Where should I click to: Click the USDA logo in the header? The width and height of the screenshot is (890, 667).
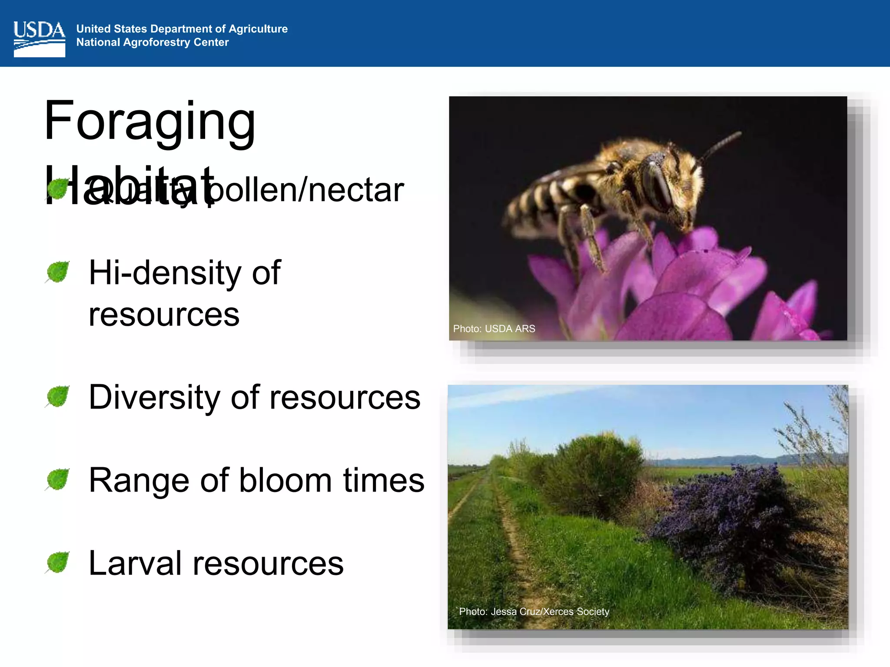pos(39,39)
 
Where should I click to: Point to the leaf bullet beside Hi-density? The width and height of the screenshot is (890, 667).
pos(58,272)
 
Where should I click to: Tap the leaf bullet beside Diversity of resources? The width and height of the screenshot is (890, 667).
pos(58,396)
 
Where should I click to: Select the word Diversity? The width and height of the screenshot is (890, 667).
pos(154,397)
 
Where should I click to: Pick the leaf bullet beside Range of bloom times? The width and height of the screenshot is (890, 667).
pos(58,479)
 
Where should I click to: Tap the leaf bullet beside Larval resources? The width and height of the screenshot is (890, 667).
pos(58,562)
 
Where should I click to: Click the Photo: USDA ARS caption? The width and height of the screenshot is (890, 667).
pos(494,329)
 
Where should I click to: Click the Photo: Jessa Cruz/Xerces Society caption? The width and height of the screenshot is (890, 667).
pos(534,612)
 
